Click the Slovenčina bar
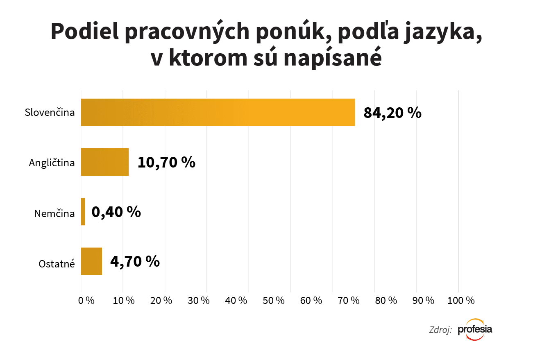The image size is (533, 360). point(218,112)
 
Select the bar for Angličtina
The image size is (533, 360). point(105,162)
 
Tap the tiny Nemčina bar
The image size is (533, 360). point(83,212)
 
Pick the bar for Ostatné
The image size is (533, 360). point(91,261)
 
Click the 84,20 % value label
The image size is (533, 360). point(392,113)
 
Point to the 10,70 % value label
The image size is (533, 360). point(166,162)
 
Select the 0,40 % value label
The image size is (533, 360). point(116,212)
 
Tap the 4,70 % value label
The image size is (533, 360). point(135,261)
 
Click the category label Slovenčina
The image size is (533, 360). point(50,112)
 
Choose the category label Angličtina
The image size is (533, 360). point(52,163)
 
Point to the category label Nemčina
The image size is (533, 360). point(54,213)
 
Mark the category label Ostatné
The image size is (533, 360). point(57,264)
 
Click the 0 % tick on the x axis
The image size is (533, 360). point(86,300)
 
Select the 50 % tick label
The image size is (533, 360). point(274,300)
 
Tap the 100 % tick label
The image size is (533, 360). point(461,300)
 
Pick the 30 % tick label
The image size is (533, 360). point(199,300)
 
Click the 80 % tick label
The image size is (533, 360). point(386,300)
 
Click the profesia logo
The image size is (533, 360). point(475,329)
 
